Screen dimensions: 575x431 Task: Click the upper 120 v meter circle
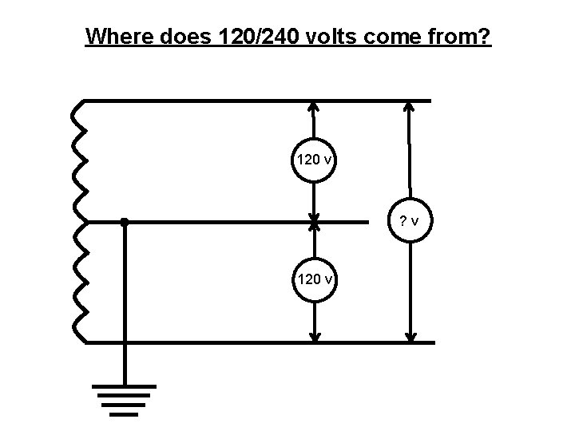coord(315,160)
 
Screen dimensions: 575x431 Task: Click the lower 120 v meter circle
coord(315,279)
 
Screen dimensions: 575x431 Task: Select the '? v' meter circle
coord(410,221)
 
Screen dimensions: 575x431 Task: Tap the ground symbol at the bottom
coord(124,399)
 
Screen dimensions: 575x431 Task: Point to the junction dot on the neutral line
coord(124,222)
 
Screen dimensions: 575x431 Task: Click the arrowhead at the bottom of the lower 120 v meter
coord(315,338)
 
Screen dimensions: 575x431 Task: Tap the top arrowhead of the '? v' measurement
coord(409,106)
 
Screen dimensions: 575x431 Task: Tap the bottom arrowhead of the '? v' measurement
coord(410,338)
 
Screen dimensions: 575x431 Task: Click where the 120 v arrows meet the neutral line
coord(315,222)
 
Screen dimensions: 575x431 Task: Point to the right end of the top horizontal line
coord(429,101)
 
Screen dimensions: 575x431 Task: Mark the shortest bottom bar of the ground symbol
coord(124,414)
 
